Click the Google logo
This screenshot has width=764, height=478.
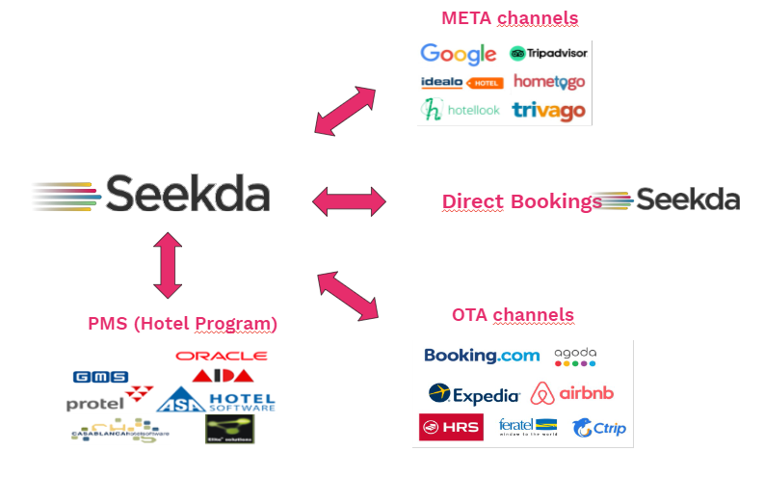(x=458, y=54)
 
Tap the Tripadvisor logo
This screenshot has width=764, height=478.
(x=548, y=54)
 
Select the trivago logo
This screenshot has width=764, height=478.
(x=548, y=111)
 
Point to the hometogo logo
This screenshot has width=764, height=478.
(x=548, y=82)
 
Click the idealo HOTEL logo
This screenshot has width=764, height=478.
(x=461, y=83)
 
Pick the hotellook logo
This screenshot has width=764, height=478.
(x=461, y=110)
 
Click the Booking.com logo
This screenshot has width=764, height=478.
(x=482, y=356)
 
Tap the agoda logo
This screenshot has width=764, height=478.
(x=575, y=357)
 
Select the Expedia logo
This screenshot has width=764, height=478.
(x=474, y=393)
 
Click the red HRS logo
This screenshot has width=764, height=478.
(x=451, y=427)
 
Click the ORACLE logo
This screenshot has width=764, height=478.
(x=222, y=356)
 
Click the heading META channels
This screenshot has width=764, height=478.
(x=511, y=18)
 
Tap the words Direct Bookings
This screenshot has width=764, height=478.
(x=521, y=201)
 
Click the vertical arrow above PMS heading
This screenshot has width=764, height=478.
(x=168, y=265)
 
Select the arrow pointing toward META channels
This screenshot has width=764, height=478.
(x=346, y=111)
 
